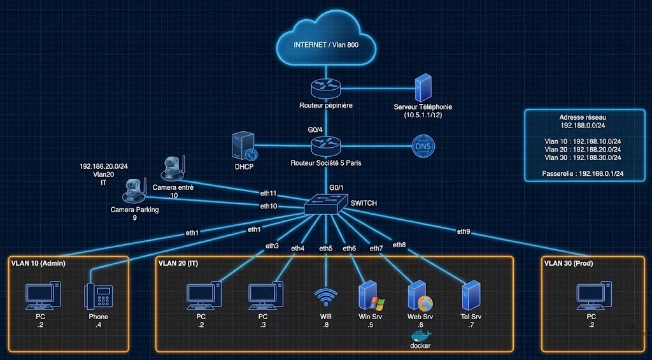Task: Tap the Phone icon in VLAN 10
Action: (x=98, y=296)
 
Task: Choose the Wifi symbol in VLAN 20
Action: (x=326, y=297)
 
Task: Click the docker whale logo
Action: (x=420, y=335)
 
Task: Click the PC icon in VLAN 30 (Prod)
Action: (x=592, y=296)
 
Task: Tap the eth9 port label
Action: (x=464, y=231)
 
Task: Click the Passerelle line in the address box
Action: (x=581, y=172)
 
